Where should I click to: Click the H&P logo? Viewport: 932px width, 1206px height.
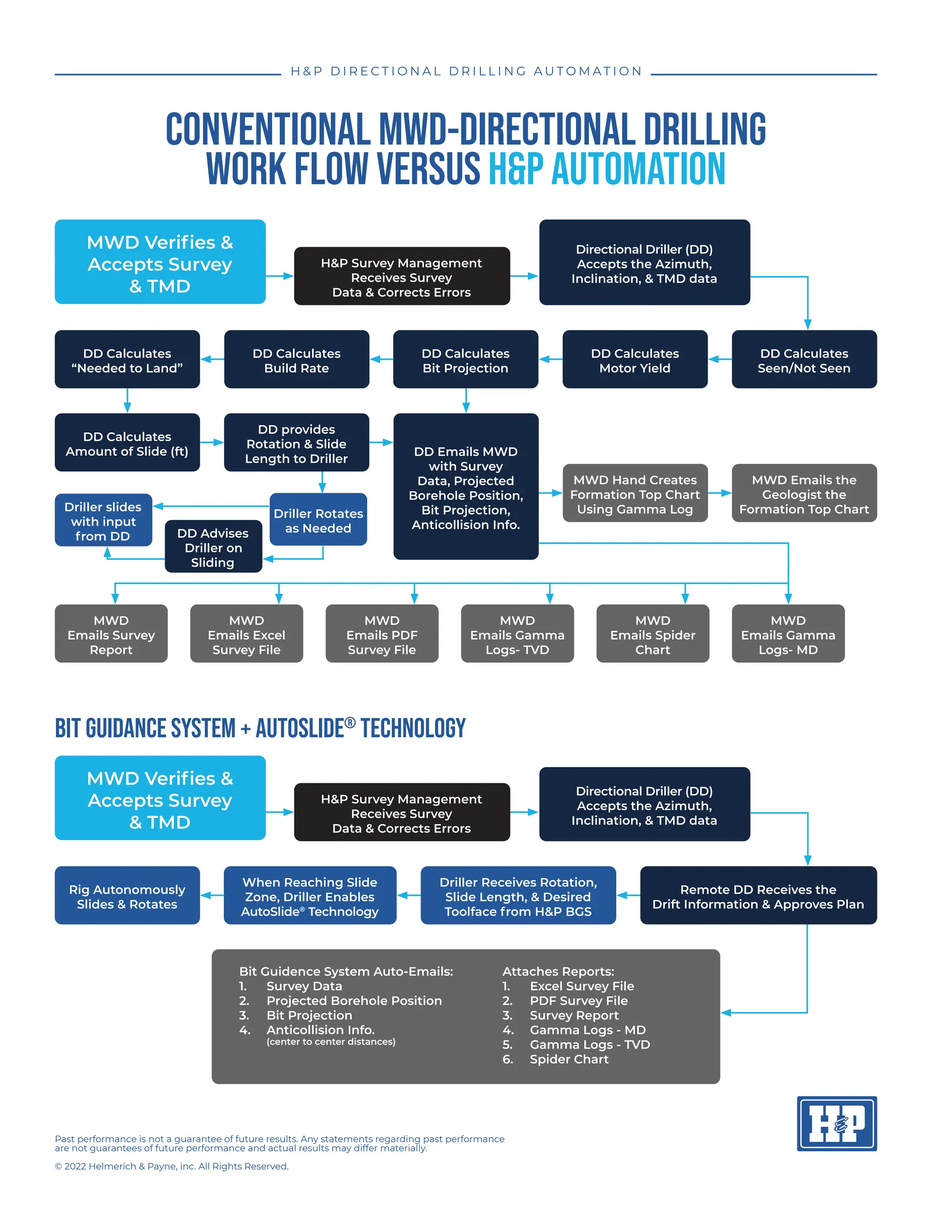[x=836, y=1123]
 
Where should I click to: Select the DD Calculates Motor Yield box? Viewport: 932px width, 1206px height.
[x=635, y=359]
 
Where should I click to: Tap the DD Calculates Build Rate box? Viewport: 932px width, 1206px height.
[x=297, y=359]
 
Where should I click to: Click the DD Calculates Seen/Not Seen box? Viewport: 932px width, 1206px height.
[x=805, y=359]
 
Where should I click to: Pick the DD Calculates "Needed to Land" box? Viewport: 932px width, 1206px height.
[x=127, y=359]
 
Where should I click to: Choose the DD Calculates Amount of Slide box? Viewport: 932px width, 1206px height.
[x=127, y=442]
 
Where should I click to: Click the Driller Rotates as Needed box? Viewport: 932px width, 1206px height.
[x=319, y=520]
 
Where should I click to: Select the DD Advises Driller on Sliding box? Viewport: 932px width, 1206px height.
[x=213, y=546]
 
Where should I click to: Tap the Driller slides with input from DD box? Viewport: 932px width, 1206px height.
[x=103, y=520]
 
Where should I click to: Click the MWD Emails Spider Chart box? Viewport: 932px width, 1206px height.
[x=653, y=633]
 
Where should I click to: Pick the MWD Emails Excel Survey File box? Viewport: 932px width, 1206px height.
[x=246, y=633]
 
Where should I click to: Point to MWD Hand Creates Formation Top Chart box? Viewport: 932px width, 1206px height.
[x=635, y=493]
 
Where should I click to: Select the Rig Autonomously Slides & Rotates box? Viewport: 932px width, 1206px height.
[x=127, y=895]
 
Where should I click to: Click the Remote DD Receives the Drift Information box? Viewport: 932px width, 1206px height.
[x=759, y=895]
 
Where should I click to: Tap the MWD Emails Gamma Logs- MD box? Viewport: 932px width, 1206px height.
[x=788, y=633]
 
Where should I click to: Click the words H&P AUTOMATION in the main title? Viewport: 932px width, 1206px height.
[x=607, y=168]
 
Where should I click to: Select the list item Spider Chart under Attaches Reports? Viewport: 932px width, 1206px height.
[x=569, y=1059]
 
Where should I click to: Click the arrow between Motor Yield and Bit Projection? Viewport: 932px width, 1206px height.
[x=551, y=359]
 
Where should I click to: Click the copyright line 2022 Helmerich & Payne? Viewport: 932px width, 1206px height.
[x=172, y=1166]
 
